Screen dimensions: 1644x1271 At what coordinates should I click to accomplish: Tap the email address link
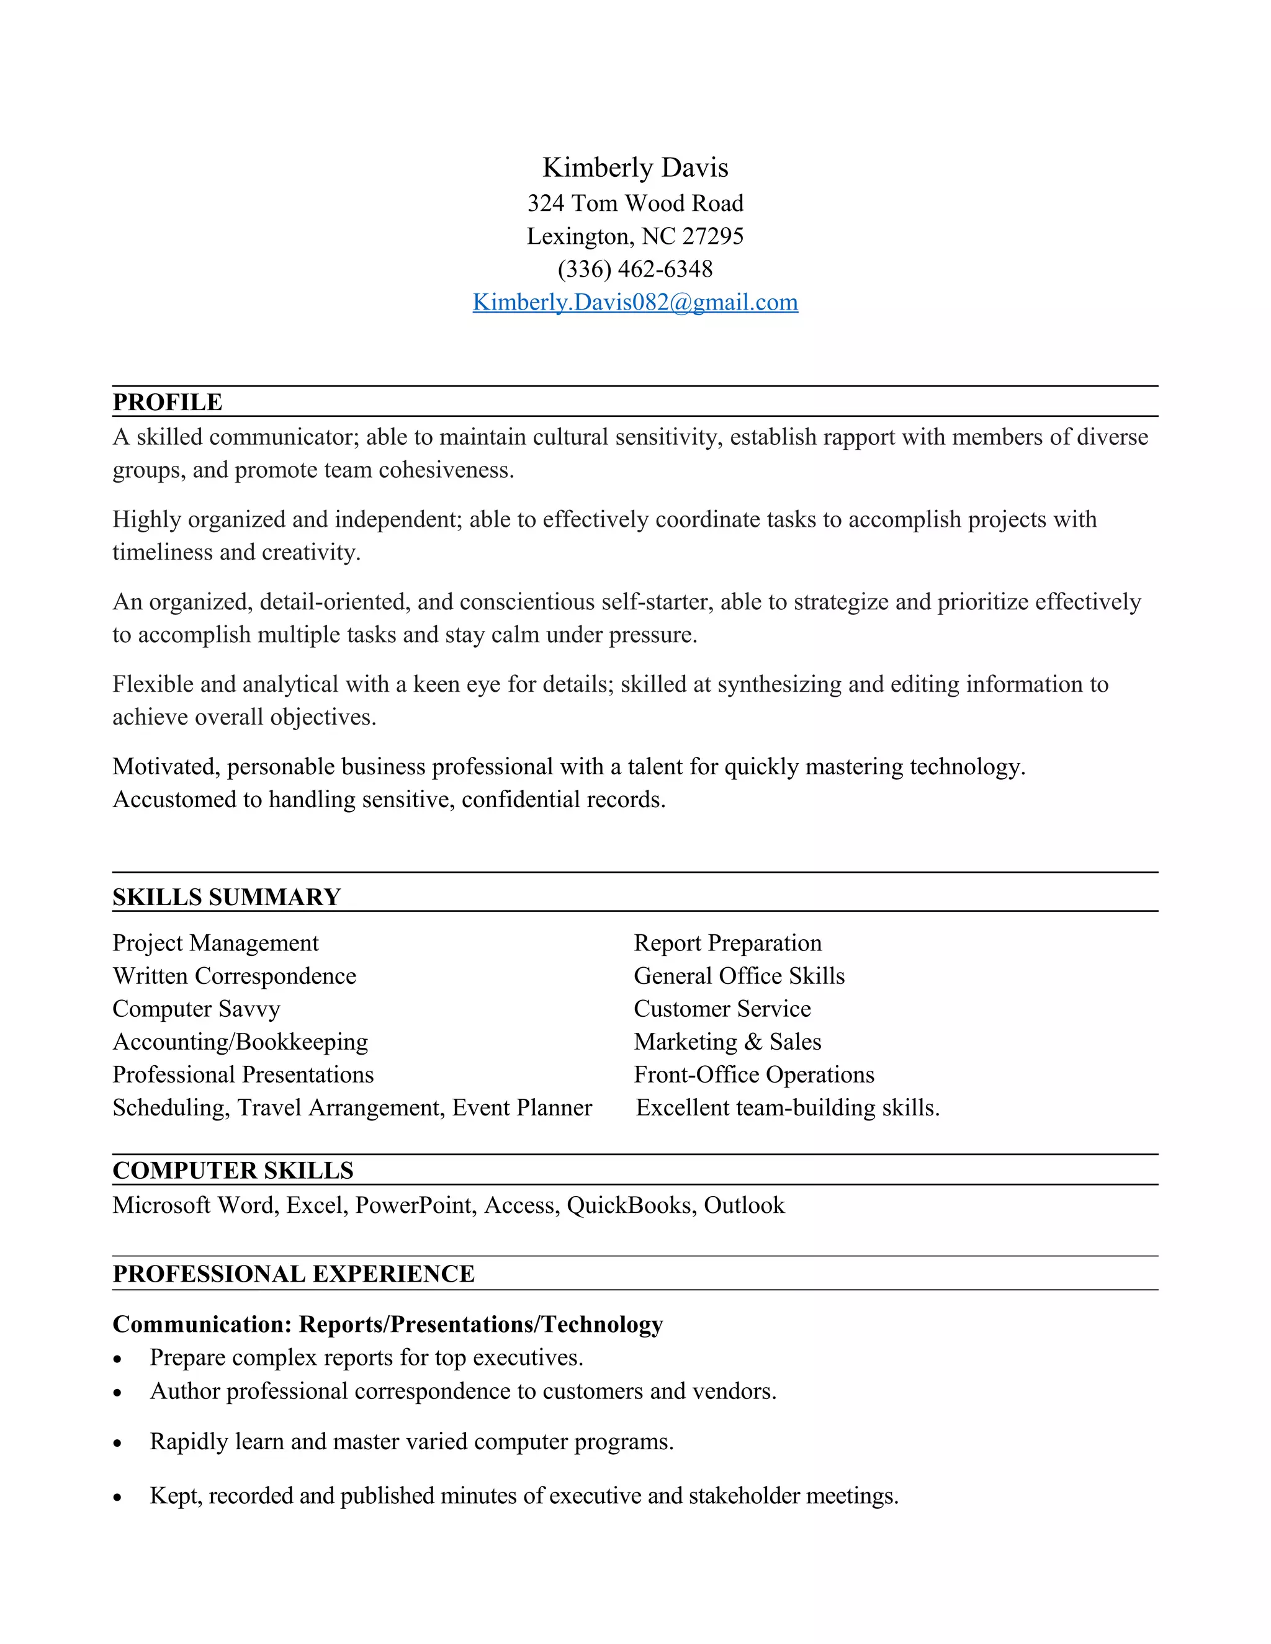click(635, 303)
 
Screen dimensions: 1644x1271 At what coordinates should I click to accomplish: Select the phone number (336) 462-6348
click(635, 269)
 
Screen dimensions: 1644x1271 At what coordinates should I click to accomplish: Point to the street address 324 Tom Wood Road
click(635, 203)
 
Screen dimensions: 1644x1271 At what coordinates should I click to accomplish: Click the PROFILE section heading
click(167, 402)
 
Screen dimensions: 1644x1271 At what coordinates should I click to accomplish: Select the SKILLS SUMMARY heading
click(227, 897)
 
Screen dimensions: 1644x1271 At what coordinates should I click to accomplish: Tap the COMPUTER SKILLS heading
click(233, 1171)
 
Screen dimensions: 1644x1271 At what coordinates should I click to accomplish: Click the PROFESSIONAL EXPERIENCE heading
click(294, 1274)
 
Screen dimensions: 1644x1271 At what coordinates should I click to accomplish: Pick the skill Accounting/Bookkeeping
click(240, 1042)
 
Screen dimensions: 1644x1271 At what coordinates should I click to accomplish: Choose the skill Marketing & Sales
click(727, 1042)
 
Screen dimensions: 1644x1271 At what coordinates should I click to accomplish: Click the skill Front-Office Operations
click(753, 1075)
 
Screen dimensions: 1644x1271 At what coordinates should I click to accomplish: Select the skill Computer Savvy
click(197, 1009)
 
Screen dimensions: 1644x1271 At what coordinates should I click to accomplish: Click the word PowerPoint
click(416, 1206)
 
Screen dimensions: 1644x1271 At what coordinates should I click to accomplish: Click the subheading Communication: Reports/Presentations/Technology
click(388, 1324)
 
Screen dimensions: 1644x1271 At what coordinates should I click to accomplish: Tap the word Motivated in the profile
click(166, 766)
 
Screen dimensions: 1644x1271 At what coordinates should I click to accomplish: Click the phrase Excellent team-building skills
click(788, 1108)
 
